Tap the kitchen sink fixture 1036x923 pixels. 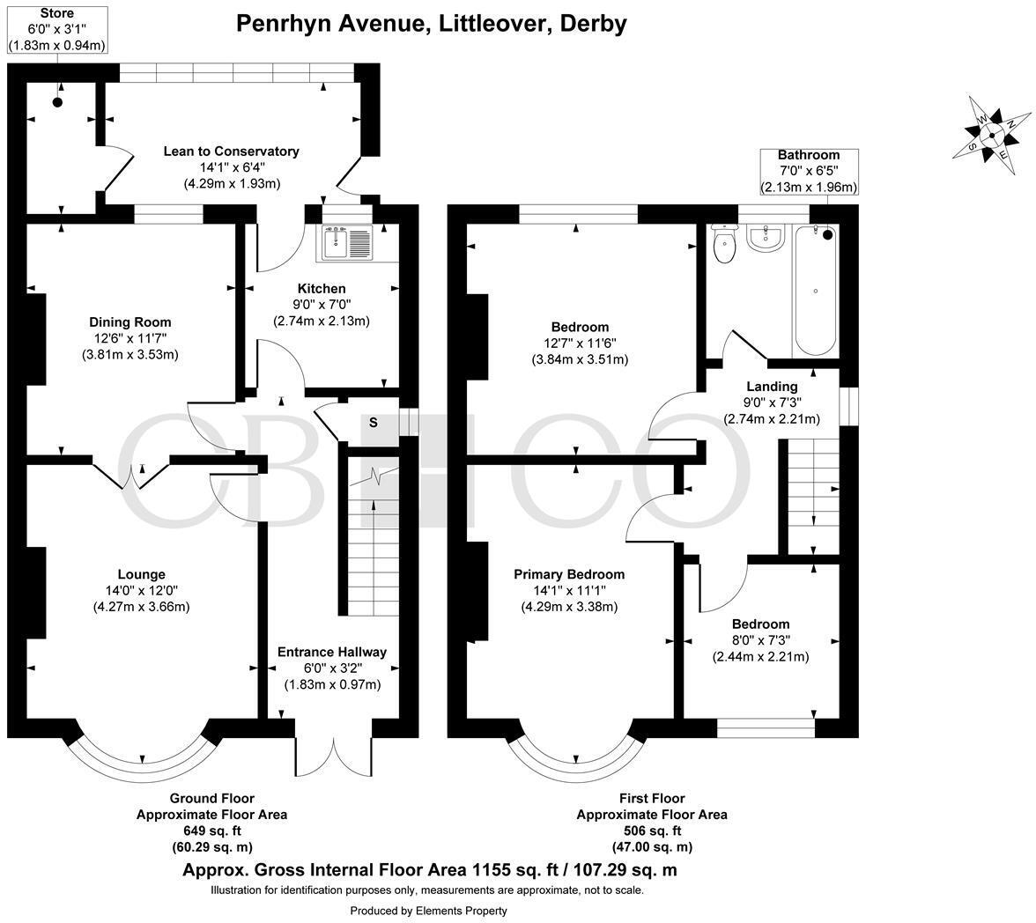tap(349, 242)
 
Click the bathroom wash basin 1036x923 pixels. tap(765, 238)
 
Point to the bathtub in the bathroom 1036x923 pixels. tap(815, 292)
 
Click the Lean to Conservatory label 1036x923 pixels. tap(231, 151)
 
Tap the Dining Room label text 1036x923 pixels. tap(130, 322)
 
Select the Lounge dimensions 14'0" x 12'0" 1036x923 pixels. tap(141, 591)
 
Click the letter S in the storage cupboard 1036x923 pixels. tap(373, 423)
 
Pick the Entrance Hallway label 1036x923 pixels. tap(332, 652)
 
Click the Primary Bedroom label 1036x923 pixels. tap(569, 574)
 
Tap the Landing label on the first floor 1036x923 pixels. tap(772, 386)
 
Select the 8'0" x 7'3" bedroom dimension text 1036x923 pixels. tap(760, 640)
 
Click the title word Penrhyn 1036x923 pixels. tap(292, 23)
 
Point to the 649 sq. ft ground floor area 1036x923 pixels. tap(211, 831)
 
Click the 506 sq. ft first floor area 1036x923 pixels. tap(652, 831)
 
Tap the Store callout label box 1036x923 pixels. tap(57, 30)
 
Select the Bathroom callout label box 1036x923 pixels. tap(808, 171)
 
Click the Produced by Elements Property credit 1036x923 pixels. tap(429, 911)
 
